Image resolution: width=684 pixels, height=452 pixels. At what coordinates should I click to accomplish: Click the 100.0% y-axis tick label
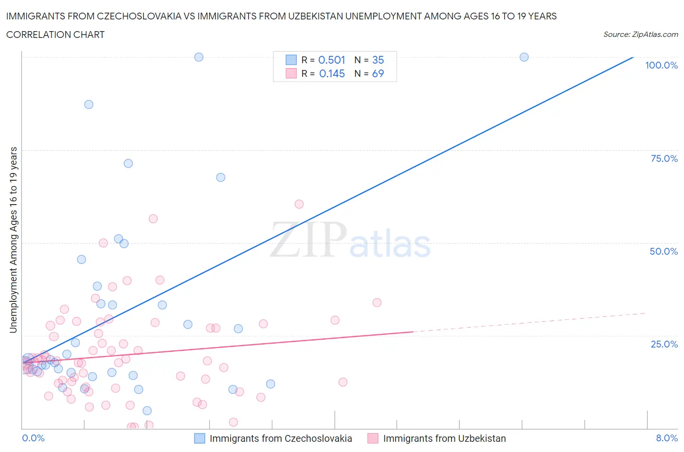[661, 65]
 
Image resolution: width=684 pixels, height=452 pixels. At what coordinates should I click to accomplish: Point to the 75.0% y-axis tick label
[664, 158]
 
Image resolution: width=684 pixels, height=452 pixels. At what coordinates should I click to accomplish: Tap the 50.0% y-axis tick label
[664, 251]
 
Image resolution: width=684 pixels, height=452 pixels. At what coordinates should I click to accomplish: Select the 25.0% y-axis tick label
[664, 344]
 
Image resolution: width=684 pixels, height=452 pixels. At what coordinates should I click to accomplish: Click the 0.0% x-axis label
[33, 438]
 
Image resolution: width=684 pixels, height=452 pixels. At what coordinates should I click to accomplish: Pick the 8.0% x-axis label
[666, 438]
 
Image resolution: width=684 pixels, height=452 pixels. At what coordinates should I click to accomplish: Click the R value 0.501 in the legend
[331, 60]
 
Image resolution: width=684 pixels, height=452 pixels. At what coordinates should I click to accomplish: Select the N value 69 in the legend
[378, 73]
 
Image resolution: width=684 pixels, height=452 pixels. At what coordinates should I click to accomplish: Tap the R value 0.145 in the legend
[332, 73]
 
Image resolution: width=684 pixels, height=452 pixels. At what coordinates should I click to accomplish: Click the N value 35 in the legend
[378, 60]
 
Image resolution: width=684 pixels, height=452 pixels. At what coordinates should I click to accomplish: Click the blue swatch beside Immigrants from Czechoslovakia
[199, 438]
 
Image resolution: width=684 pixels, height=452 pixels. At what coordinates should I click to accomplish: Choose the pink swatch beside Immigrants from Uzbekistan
[373, 438]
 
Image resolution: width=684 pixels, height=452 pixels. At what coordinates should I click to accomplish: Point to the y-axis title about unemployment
[13, 240]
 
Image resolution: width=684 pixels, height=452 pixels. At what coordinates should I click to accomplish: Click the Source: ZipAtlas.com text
[640, 34]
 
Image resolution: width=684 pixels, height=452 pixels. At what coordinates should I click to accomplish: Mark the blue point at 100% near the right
[524, 57]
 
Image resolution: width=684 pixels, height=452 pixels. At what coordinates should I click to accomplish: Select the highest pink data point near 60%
[299, 204]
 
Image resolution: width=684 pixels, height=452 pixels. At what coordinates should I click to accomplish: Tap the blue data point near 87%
[89, 104]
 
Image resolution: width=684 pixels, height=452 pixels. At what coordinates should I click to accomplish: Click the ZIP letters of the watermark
[308, 240]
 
